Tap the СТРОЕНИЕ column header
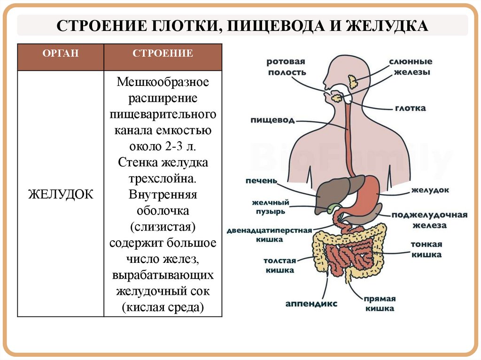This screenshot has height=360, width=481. pyautogui.click(x=163, y=53)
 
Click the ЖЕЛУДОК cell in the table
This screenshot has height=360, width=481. pyautogui.click(x=61, y=194)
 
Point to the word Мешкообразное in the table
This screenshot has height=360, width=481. pyautogui.click(x=163, y=83)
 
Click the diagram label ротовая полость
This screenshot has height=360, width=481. pyautogui.click(x=286, y=67)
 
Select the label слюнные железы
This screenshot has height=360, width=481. pyautogui.click(x=410, y=67)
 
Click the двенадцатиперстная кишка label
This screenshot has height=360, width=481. pyautogui.click(x=269, y=235)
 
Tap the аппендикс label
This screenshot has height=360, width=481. pyautogui.click(x=311, y=303)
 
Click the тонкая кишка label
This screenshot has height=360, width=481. pyautogui.click(x=426, y=249)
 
